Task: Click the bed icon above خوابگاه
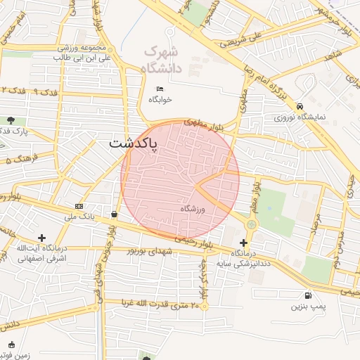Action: point(160,89)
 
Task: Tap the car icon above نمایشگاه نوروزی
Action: point(300,105)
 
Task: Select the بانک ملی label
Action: point(79,217)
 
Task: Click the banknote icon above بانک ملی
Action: point(79,206)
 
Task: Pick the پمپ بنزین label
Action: point(309,307)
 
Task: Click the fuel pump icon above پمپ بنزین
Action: point(309,295)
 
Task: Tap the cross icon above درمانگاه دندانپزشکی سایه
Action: point(243,242)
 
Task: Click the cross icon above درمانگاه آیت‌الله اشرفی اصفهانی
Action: point(42,238)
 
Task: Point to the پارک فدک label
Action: point(13,131)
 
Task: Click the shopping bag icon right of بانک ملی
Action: point(114,214)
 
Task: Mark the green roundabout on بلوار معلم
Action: point(251,224)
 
